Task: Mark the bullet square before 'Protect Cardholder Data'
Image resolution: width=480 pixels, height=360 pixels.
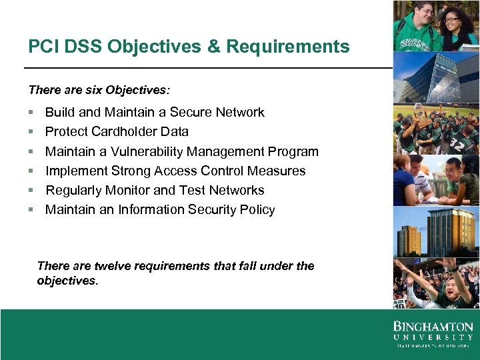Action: click(31, 132)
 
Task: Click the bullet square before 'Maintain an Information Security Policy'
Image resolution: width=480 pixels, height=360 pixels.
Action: click(31, 210)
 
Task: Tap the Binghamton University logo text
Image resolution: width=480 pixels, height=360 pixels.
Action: click(433, 332)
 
